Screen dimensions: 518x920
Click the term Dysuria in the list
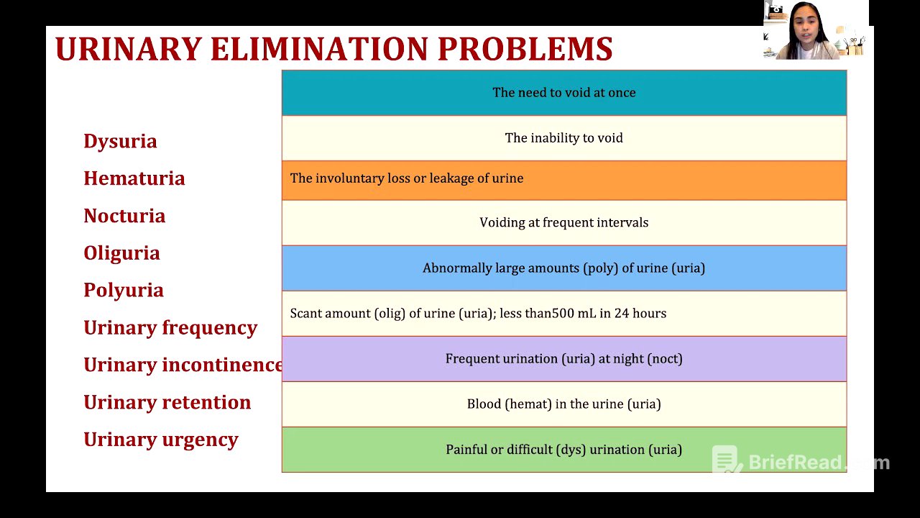[120, 141]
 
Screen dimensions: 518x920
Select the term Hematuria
[134, 178]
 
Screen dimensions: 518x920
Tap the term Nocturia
[124, 216]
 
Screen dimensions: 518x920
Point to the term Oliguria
[121, 253]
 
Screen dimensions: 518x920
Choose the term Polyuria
[124, 291]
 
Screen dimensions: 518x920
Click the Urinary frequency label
[170, 328]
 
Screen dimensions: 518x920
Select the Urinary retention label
[167, 403]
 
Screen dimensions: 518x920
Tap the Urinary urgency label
[161, 440]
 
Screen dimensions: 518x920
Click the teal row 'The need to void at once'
[563, 93]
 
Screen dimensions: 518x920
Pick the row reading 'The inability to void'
[563, 138]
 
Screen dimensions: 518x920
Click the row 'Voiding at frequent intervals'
[563, 223]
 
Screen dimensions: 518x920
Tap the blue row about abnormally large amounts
[563, 268]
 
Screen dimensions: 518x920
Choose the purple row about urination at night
[563, 359]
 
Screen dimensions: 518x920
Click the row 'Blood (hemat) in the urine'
[563, 404]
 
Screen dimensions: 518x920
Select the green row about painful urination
[563, 450]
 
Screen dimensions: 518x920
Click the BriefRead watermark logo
[727, 461]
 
